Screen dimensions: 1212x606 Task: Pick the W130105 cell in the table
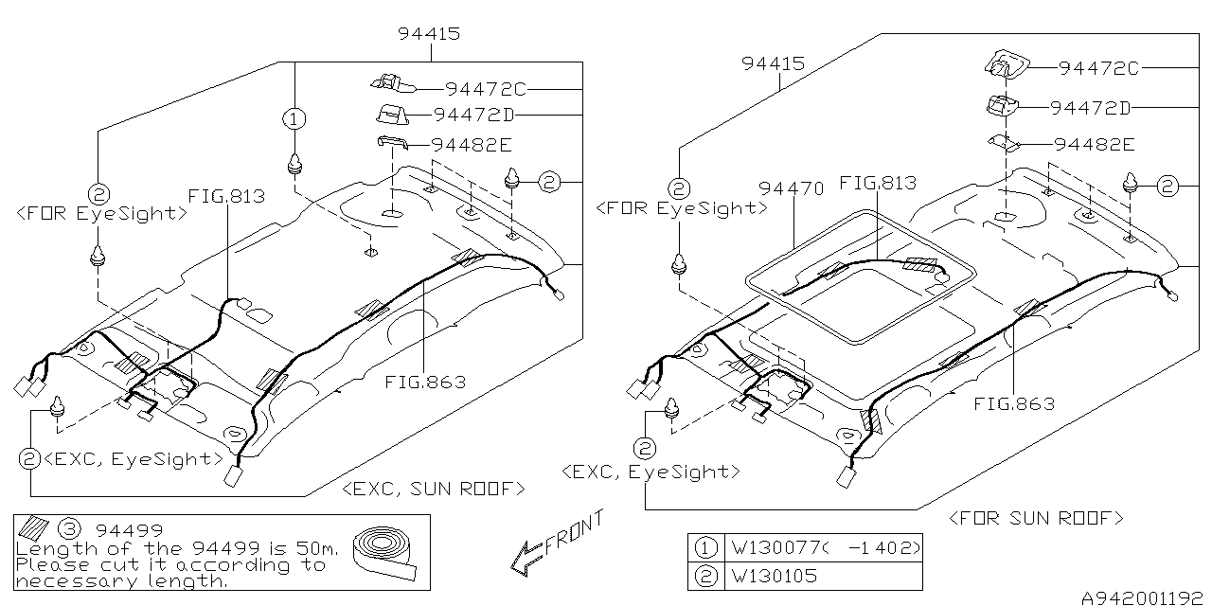[774, 576]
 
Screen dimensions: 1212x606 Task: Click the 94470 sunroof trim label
[791, 188]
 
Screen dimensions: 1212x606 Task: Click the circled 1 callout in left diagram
[294, 118]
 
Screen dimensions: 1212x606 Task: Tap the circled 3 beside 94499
[70, 529]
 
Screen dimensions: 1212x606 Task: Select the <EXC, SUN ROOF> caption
[434, 490]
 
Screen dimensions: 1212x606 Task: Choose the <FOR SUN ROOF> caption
[1036, 518]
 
